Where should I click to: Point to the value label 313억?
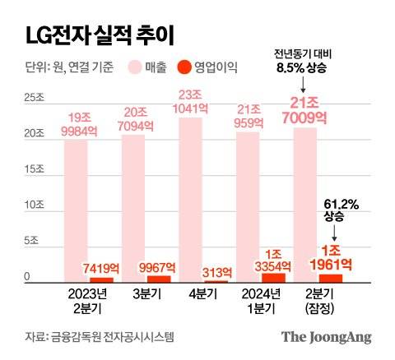click(x=216, y=272)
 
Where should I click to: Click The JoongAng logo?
click(x=327, y=337)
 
